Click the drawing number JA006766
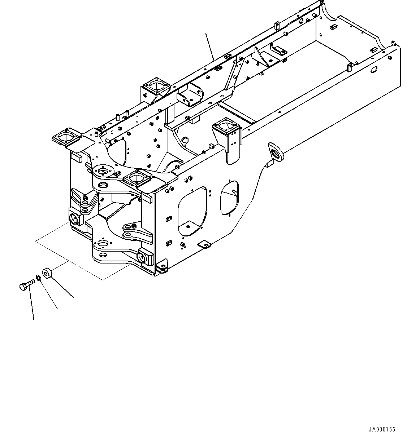382,430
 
